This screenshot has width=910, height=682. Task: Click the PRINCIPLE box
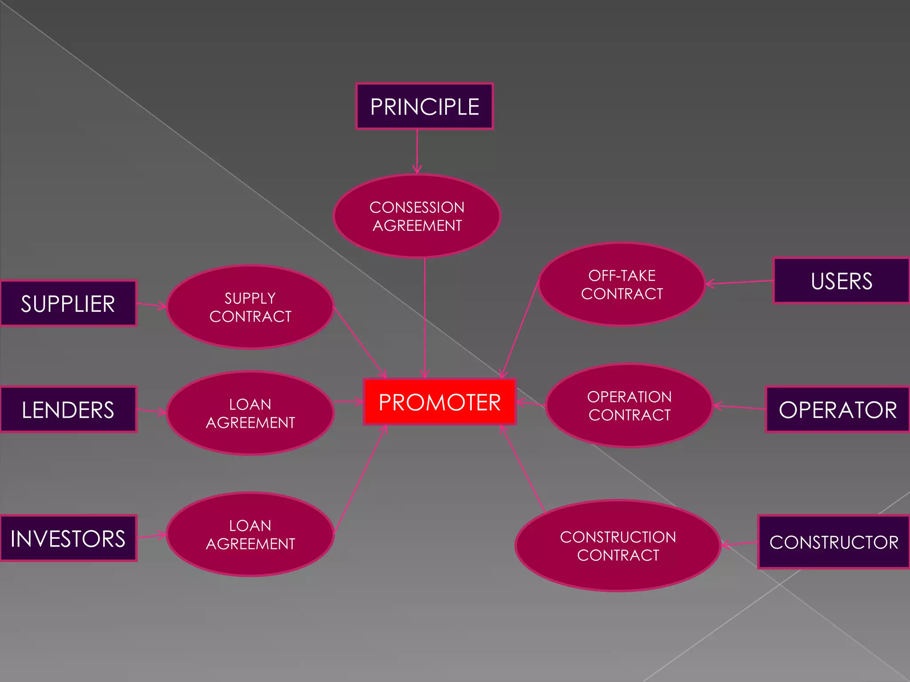click(x=424, y=107)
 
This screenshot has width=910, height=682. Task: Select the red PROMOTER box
click(x=439, y=402)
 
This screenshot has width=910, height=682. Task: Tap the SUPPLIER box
click(x=68, y=304)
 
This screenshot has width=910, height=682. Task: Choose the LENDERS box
click(x=68, y=409)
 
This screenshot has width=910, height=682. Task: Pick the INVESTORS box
click(x=68, y=538)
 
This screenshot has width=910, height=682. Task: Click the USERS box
click(x=841, y=281)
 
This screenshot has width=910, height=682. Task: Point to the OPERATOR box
click(x=838, y=409)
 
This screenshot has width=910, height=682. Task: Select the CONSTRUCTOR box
click(x=834, y=542)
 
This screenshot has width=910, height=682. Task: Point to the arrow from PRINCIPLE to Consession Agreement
click(x=417, y=151)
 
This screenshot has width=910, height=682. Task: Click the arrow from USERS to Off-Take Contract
click(x=740, y=282)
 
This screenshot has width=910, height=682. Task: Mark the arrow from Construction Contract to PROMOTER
click(x=523, y=468)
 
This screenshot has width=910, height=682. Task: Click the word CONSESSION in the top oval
click(x=417, y=207)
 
